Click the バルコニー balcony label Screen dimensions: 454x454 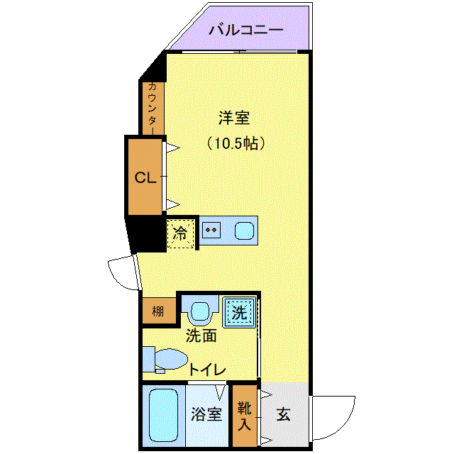point(246,31)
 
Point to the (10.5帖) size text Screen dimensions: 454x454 point(236,143)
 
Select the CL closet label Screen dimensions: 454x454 point(145,178)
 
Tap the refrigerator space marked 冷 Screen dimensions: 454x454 point(182,233)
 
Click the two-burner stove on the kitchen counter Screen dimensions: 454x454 point(211,231)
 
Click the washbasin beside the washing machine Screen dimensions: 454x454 point(201,311)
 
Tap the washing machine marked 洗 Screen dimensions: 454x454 point(239,311)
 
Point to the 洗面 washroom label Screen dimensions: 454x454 point(201,336)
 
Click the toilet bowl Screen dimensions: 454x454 point(169,359)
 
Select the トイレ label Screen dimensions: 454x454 point(207,370)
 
